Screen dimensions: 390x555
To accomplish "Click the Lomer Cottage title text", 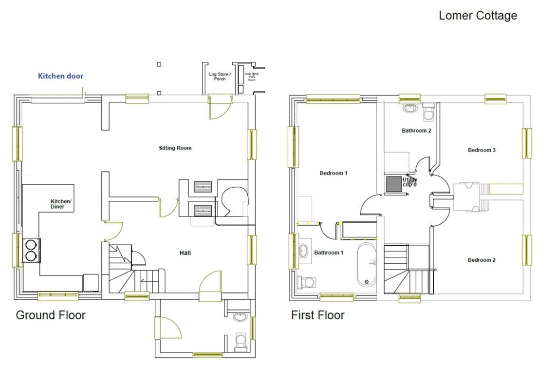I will [478, 16].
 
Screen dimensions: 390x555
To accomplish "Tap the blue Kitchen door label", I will [60, 76].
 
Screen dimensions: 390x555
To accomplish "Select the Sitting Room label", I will [175, 148].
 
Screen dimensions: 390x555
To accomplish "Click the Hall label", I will [185, 253].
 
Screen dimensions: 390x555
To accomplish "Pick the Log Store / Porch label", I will [220, 77].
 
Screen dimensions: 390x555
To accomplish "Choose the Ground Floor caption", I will [51, 315].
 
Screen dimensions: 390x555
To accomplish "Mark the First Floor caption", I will [317, 315].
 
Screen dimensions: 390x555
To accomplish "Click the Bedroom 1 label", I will [333, 173].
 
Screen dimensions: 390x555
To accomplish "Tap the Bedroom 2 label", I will [481, 260].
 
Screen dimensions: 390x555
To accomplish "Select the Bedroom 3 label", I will [481, 150].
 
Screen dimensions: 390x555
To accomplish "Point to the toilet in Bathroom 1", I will [307, 282].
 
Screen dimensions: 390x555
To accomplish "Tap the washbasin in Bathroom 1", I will [303, 251].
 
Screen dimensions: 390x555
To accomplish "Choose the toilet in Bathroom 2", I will [429, 113].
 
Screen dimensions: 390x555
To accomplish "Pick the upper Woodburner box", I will [203, 187].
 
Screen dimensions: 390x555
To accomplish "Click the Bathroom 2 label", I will [416, 131].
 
